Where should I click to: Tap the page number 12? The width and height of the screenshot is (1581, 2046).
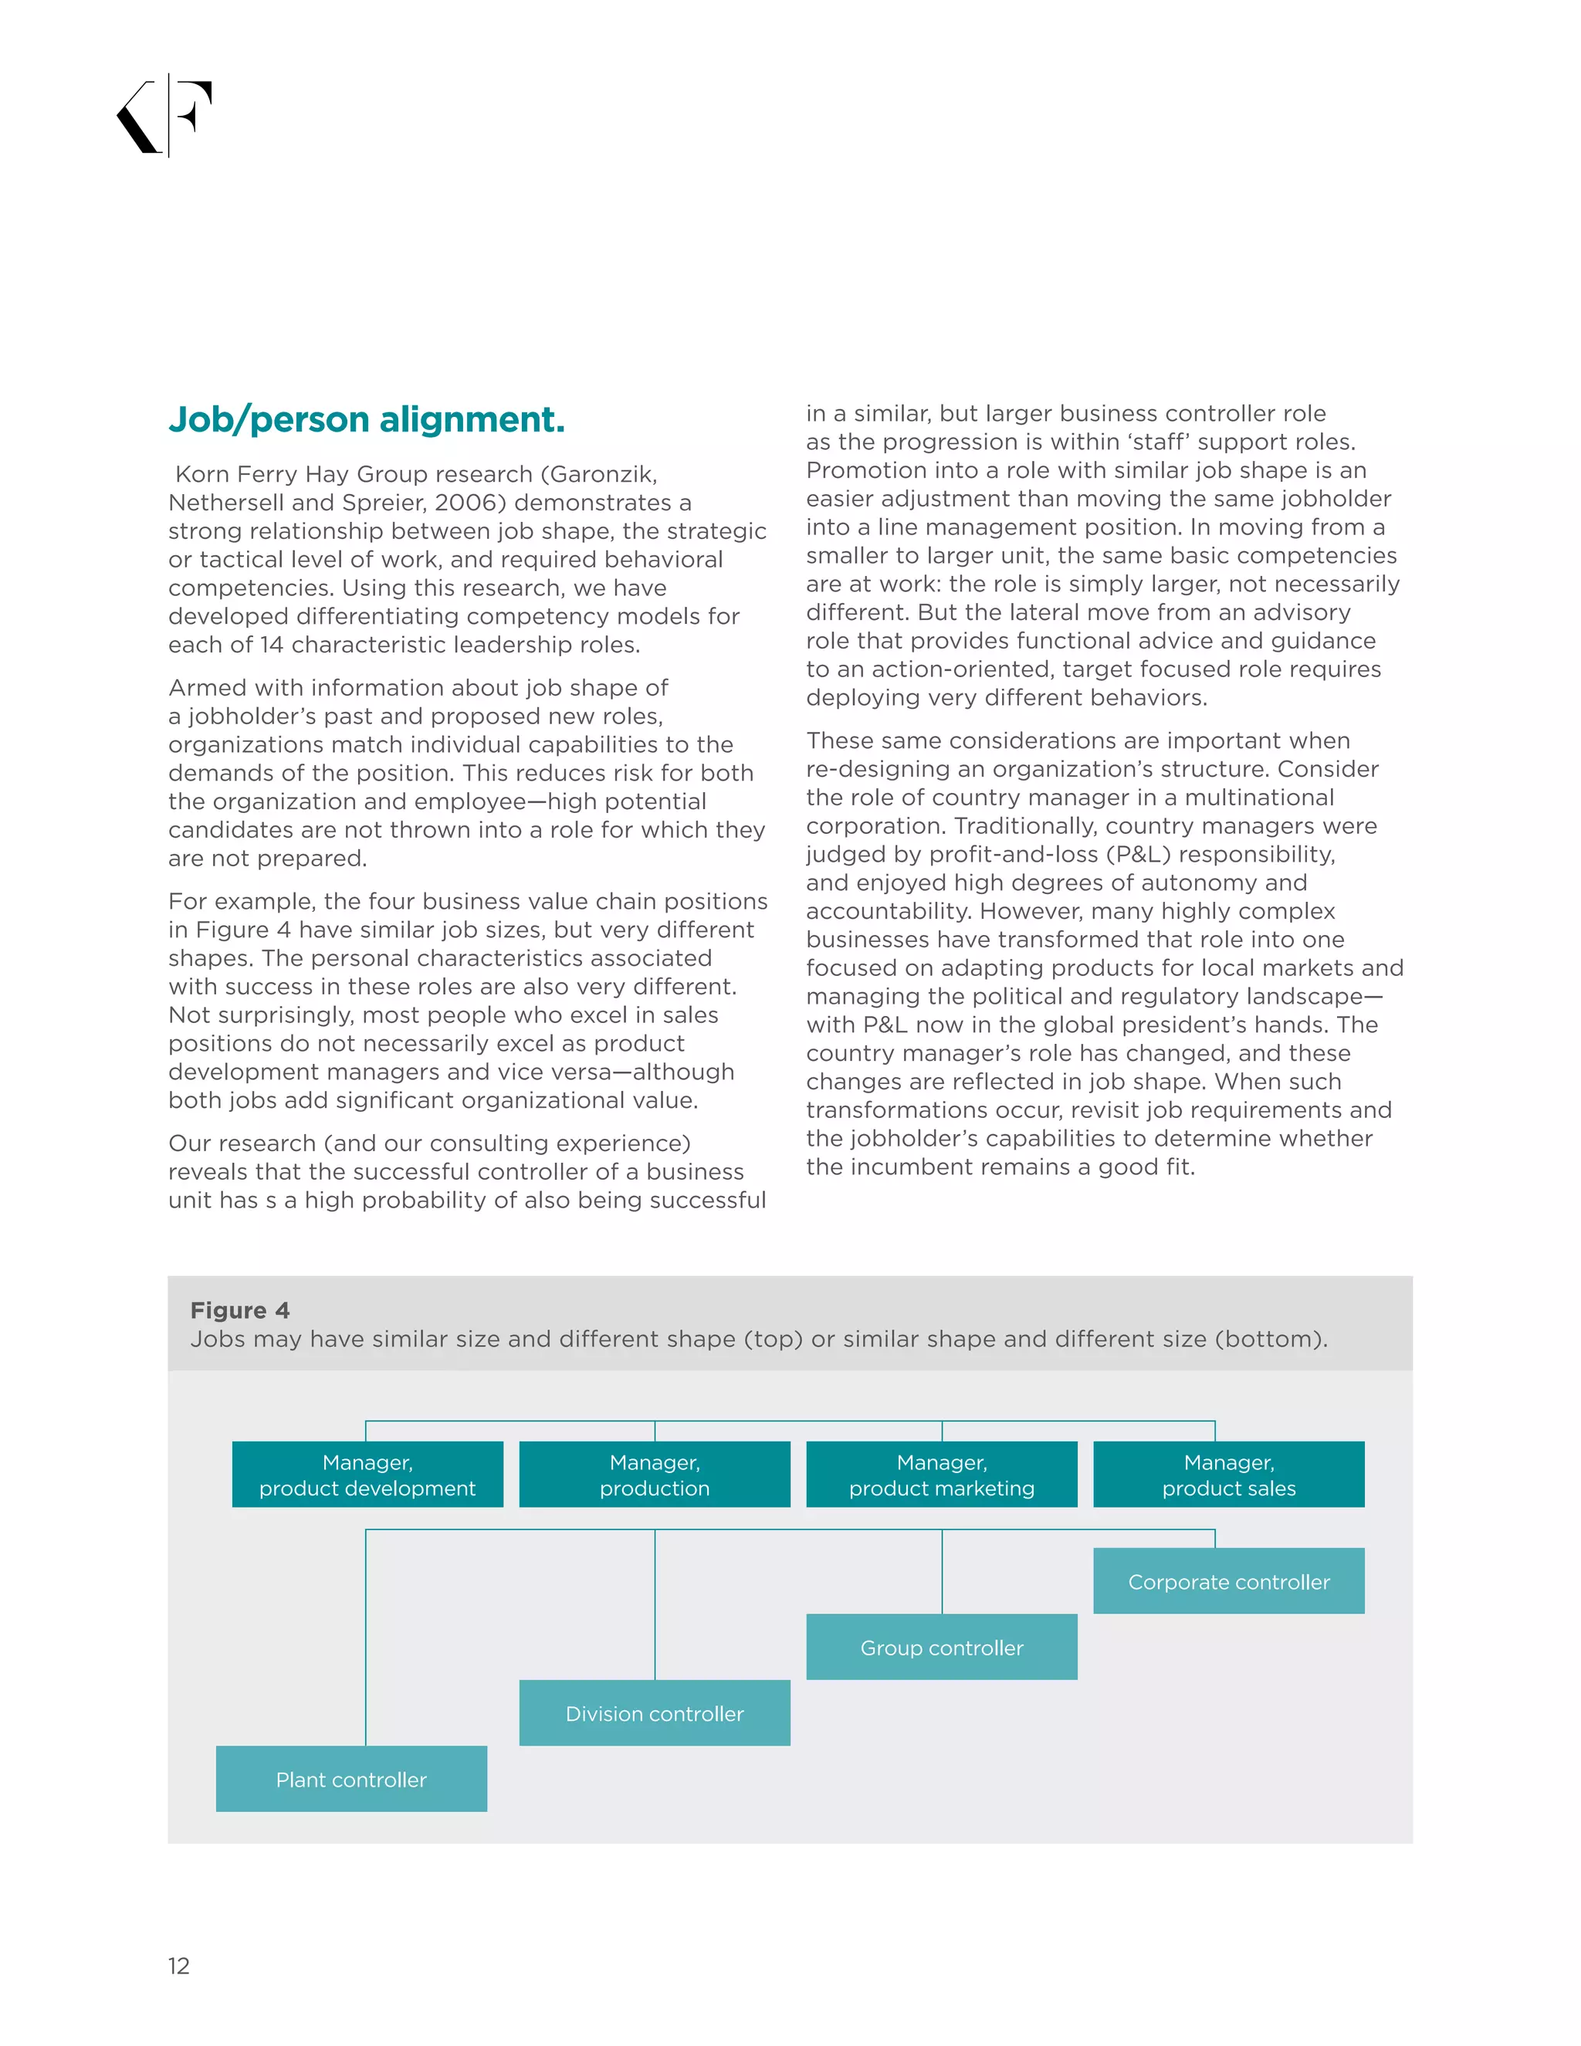(x=178, y=1966)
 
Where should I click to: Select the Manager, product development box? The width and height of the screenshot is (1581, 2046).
(x=367, y=1475)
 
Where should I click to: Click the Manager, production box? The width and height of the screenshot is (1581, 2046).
(x=654, y=1475)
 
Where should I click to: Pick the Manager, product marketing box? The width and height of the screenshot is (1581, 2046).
(x=941, y=1475)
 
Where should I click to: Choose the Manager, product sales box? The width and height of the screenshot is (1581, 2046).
(x=1228, y=1475)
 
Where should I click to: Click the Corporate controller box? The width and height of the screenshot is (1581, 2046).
(x=1228, y=1581)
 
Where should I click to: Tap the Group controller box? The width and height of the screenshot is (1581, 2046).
(x=941, y=1647)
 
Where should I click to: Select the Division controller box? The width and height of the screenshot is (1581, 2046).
(x=654, y=1713)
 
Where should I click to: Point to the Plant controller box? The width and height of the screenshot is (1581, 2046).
(x=351, y=1779)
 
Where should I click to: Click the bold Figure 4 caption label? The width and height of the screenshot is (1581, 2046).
(x=240, y=1309)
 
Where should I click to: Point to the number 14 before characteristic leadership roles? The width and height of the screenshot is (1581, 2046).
(x=272, y=645)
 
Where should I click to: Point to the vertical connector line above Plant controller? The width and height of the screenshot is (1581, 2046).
(x=365, y=1639)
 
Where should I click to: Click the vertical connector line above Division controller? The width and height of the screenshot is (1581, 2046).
(x=655, y=1604)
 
